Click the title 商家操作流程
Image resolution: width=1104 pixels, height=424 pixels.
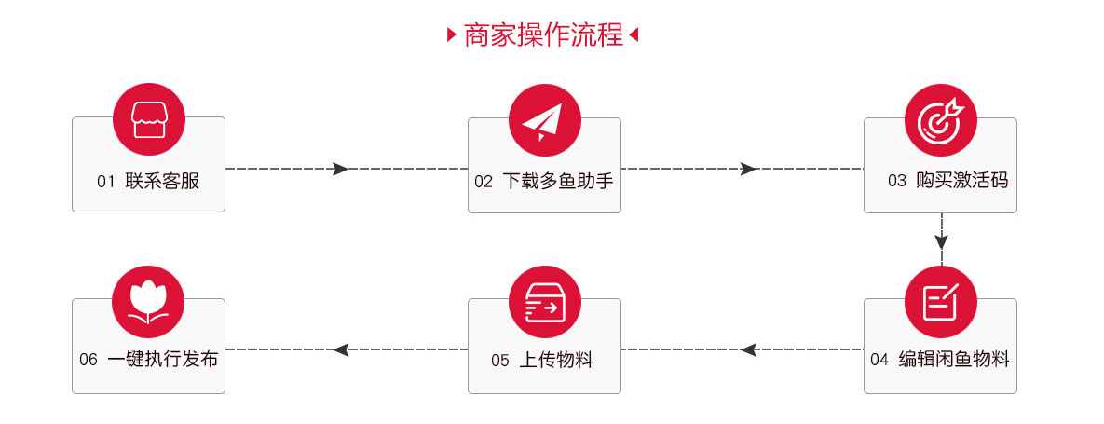point(543,34)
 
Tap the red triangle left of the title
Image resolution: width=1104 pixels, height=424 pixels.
point(452,34)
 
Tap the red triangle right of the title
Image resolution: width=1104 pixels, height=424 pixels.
point(634,34)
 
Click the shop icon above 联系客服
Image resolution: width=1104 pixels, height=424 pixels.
point(148,119)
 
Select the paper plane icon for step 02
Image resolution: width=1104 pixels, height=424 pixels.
point(544,119)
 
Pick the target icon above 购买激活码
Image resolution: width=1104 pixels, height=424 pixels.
point(941,119)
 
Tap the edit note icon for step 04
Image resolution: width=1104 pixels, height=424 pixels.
point(941,301)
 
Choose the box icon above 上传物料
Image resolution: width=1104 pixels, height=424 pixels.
point(544,301)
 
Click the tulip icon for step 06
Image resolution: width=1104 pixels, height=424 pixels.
point(148,301)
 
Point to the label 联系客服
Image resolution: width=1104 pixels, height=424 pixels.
point(163,181)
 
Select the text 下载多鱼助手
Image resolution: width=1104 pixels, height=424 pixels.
point(558,181)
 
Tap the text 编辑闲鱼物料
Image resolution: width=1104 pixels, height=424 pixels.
point(954,359)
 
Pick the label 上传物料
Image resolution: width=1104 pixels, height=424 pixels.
point(556,360)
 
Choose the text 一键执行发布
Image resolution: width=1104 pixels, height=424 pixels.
point(163,359)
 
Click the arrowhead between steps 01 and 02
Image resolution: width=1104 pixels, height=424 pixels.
point(341,169)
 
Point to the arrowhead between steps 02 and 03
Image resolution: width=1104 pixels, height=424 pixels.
point(748,169)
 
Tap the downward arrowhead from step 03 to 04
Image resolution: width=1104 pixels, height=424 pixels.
point(941,240)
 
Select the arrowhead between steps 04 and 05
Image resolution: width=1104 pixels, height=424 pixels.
point(748,349)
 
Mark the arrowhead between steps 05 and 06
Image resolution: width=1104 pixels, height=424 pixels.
point(341,349)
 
